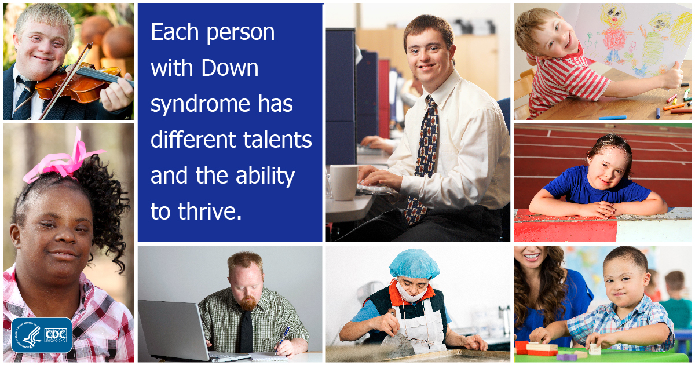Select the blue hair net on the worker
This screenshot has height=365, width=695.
[x=414, y=264]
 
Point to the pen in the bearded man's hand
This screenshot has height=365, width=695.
[x=283, y=336]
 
